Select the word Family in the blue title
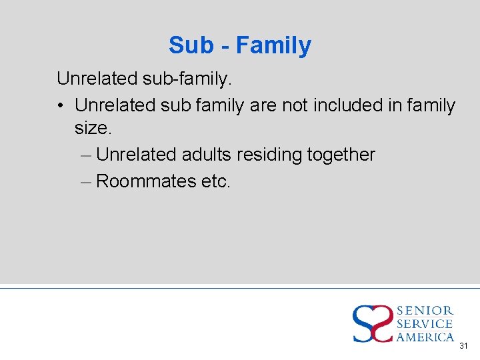pos(273,45)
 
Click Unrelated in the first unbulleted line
pos(97,79)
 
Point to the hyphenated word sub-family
pos(187,79)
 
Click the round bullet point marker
pos(61,106)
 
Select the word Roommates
pos(145,181)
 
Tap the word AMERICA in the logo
pos(425,337)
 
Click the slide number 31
pos(464,346)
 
